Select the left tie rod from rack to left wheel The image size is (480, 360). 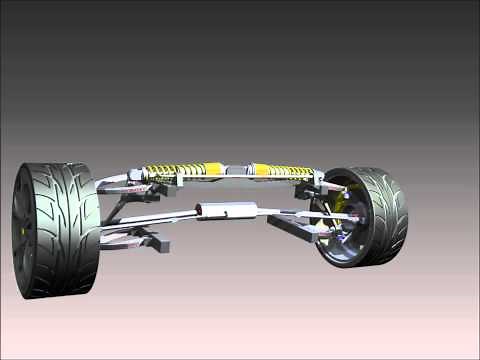(150, 218)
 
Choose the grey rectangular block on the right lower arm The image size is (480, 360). (290, 225)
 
